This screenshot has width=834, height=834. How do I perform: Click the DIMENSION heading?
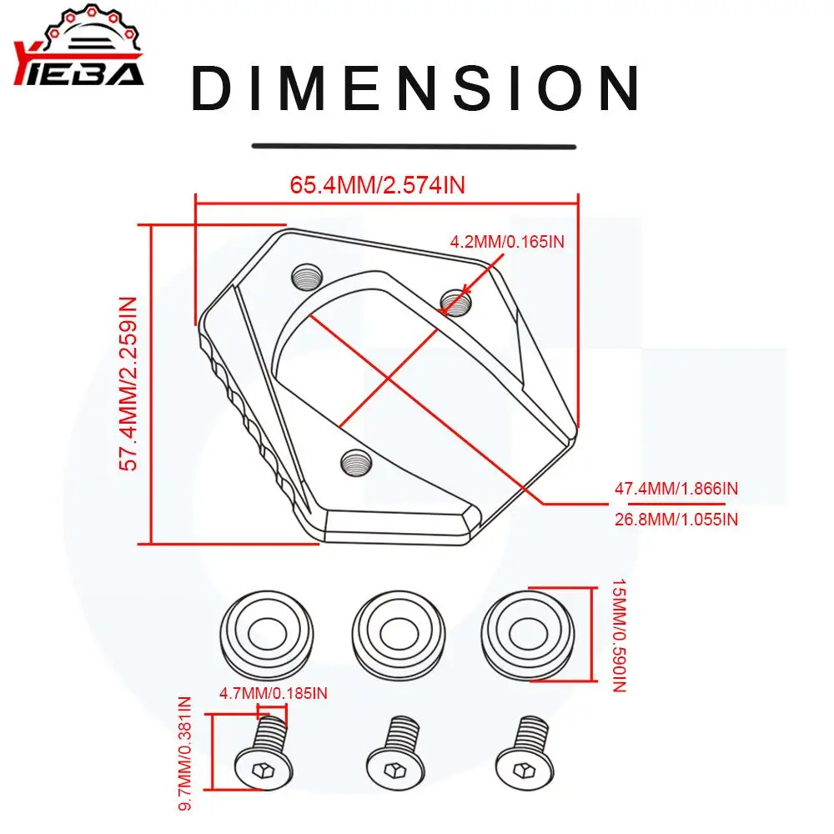(414, 88)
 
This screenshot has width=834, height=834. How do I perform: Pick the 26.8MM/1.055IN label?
(676, 519)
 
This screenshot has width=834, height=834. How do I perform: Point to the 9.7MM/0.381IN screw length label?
(186, 752)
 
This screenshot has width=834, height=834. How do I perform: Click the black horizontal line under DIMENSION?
(414, 146)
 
